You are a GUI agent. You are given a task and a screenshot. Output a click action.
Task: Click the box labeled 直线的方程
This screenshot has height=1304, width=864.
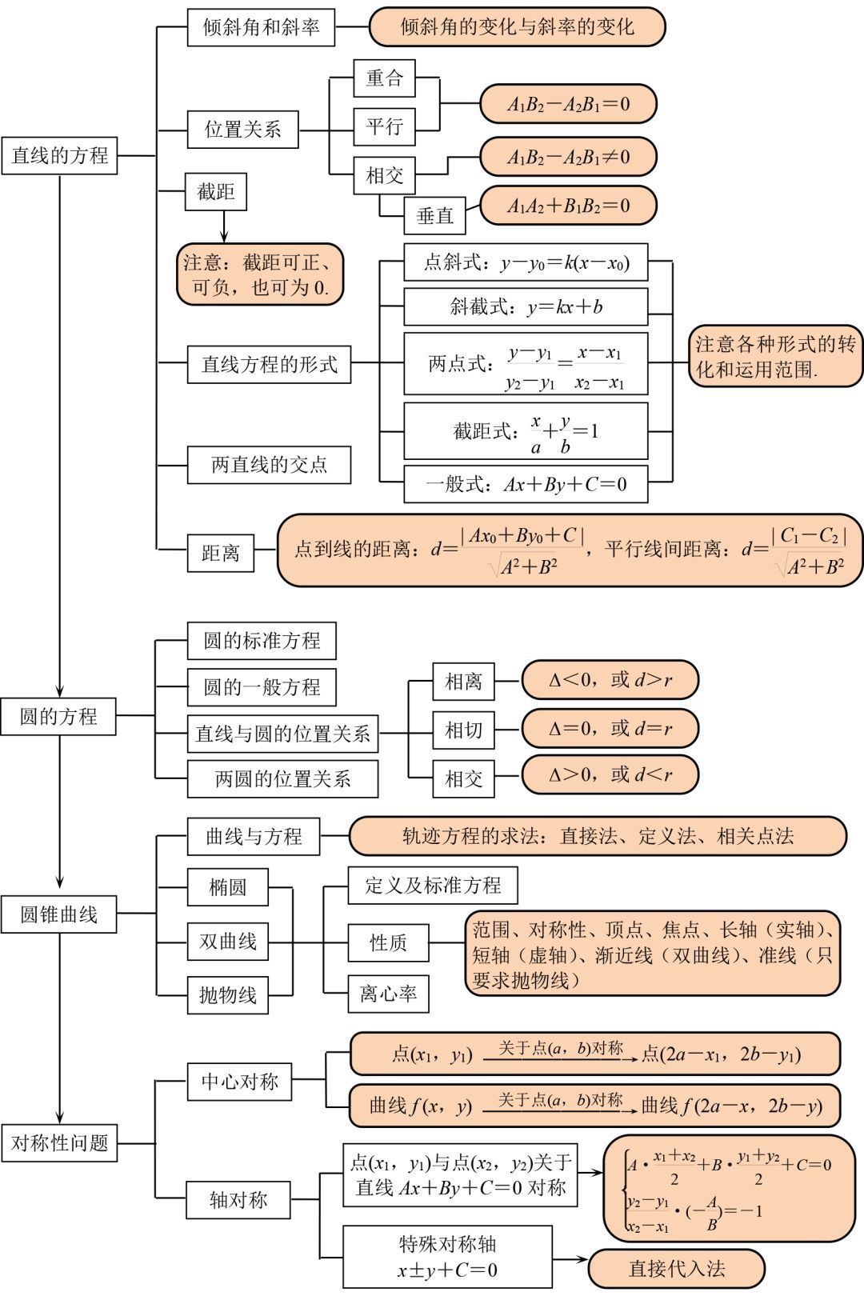point(59,155)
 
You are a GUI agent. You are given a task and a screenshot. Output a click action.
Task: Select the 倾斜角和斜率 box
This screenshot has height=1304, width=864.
point(261,27)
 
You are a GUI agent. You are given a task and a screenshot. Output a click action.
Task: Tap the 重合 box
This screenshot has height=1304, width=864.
point(385,78)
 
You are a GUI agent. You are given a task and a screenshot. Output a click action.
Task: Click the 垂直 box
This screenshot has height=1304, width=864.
point(434,214)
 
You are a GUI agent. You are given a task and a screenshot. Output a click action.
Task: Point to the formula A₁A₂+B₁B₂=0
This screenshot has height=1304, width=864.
point(568,206)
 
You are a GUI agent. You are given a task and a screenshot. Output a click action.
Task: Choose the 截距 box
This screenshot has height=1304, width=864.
point(216,192)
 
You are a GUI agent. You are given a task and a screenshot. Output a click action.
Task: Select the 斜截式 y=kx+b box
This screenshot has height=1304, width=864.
point(526,306)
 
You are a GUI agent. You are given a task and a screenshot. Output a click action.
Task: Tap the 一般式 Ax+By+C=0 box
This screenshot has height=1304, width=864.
point(526,484)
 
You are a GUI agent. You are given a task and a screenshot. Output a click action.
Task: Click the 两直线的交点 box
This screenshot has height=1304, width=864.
point(269,464)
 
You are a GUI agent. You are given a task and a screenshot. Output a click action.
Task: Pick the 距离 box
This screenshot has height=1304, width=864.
point(220,553)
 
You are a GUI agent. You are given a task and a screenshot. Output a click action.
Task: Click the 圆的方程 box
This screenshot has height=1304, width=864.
point(59,716)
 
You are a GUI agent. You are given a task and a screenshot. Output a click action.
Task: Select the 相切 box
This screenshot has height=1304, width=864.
point(464,730)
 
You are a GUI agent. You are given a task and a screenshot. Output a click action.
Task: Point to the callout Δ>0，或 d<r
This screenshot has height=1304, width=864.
point(610,774)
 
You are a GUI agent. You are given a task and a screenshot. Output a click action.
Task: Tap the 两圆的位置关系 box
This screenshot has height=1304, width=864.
point(282,778)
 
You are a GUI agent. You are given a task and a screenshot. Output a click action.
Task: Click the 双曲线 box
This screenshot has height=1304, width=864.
point(228,942)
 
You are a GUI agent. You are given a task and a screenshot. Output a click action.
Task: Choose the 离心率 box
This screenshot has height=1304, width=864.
point(388,994)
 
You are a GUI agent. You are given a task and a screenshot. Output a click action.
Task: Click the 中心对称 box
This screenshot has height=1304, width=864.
point(239,1082)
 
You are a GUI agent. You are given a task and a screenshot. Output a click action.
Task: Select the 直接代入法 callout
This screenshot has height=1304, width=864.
point(676,1269)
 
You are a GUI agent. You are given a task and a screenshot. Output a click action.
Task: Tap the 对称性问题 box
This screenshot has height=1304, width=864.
point(59,1143)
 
